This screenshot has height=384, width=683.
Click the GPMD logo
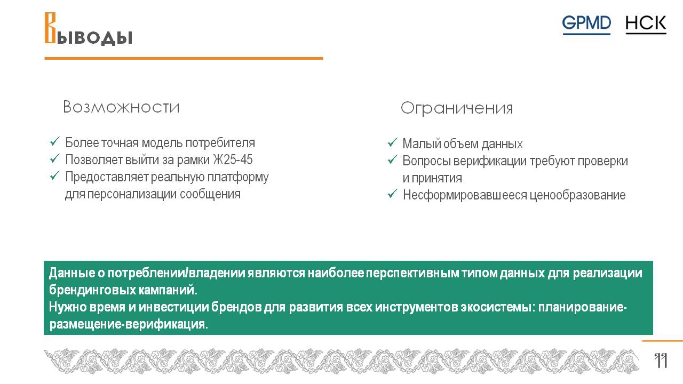point(586,25)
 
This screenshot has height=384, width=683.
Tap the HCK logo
point(646,25)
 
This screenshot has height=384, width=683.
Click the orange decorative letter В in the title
point(50,28)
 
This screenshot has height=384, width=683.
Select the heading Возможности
point(121,107)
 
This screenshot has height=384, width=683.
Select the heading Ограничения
point(457,108)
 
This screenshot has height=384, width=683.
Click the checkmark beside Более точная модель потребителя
point(55,141)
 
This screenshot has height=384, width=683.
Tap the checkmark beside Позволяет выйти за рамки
point(55,158)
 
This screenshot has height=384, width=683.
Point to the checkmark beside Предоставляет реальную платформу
point(55,175)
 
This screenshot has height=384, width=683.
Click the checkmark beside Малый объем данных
point(392,142)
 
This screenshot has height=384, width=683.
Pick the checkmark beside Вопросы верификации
point(392,159)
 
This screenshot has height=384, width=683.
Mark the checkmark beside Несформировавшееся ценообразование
point(392,194)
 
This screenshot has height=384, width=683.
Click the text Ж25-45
point(233,159)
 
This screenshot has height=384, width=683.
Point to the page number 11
point(661,361)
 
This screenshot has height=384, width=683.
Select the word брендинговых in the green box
point(92,290)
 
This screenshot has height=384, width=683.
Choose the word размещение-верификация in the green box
point(129,324)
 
